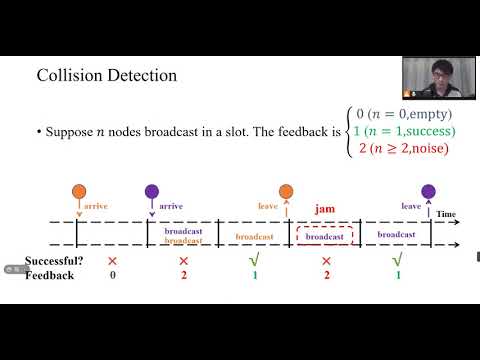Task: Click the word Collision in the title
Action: coord(67,76)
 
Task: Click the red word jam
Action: coord(324,209)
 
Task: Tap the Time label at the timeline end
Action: coord(446,215)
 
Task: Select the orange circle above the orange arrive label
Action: coord(79,191)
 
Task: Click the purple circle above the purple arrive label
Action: coord(152,191)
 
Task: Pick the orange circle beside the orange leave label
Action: coord(286,191)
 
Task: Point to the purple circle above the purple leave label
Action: coord(429,191)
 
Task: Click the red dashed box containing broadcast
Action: coord(324,235)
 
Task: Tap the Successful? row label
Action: coord(55,261)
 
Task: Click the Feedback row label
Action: coord(50,274)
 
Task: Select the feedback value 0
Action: coord(113,274)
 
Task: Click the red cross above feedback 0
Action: coord(113,261)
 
